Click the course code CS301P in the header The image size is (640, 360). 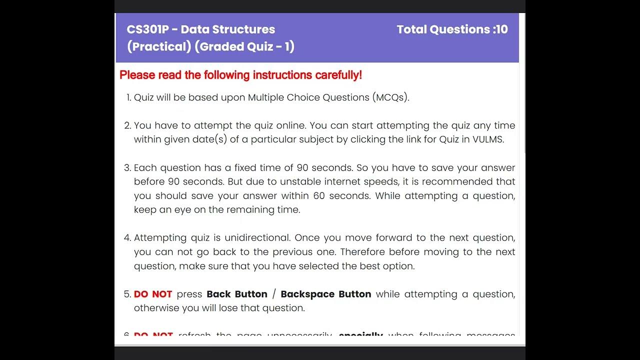point(147,29)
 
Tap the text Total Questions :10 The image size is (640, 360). point(452,29)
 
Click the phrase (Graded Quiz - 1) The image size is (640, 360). point(244,46)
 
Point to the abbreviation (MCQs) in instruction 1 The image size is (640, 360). point(390,97)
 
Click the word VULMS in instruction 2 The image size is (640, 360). point(488,139)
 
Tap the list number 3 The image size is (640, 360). point(127,168)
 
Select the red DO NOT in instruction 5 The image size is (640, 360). point(153,294)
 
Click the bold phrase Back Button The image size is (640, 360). point(237,294)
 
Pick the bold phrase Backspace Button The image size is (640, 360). point(326,294)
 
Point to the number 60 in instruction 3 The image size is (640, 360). point(319,196)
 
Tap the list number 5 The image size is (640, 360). point(127,294)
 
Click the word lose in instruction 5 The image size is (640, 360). point(232,308)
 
